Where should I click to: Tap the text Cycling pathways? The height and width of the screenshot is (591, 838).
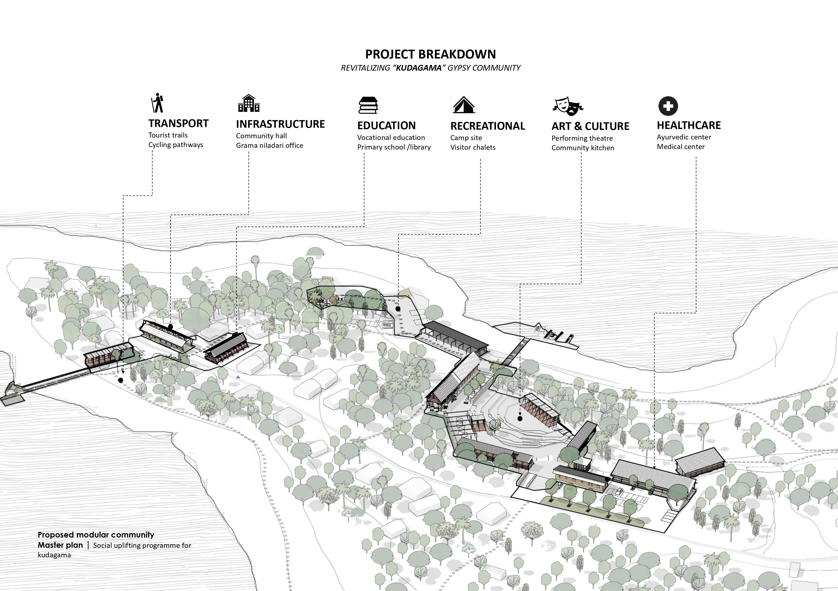[176, 145]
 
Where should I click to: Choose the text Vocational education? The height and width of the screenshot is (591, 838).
[391, 138]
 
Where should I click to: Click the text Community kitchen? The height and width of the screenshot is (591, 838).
[583, 148]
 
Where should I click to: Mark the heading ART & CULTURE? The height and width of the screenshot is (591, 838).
[590, 126]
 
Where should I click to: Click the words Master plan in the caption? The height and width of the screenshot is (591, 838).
[60, 545]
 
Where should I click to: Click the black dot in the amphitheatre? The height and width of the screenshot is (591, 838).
[520, 419]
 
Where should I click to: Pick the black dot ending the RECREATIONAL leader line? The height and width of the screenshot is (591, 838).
[398, 309]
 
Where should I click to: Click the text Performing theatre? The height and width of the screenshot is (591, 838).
[582, 138]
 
